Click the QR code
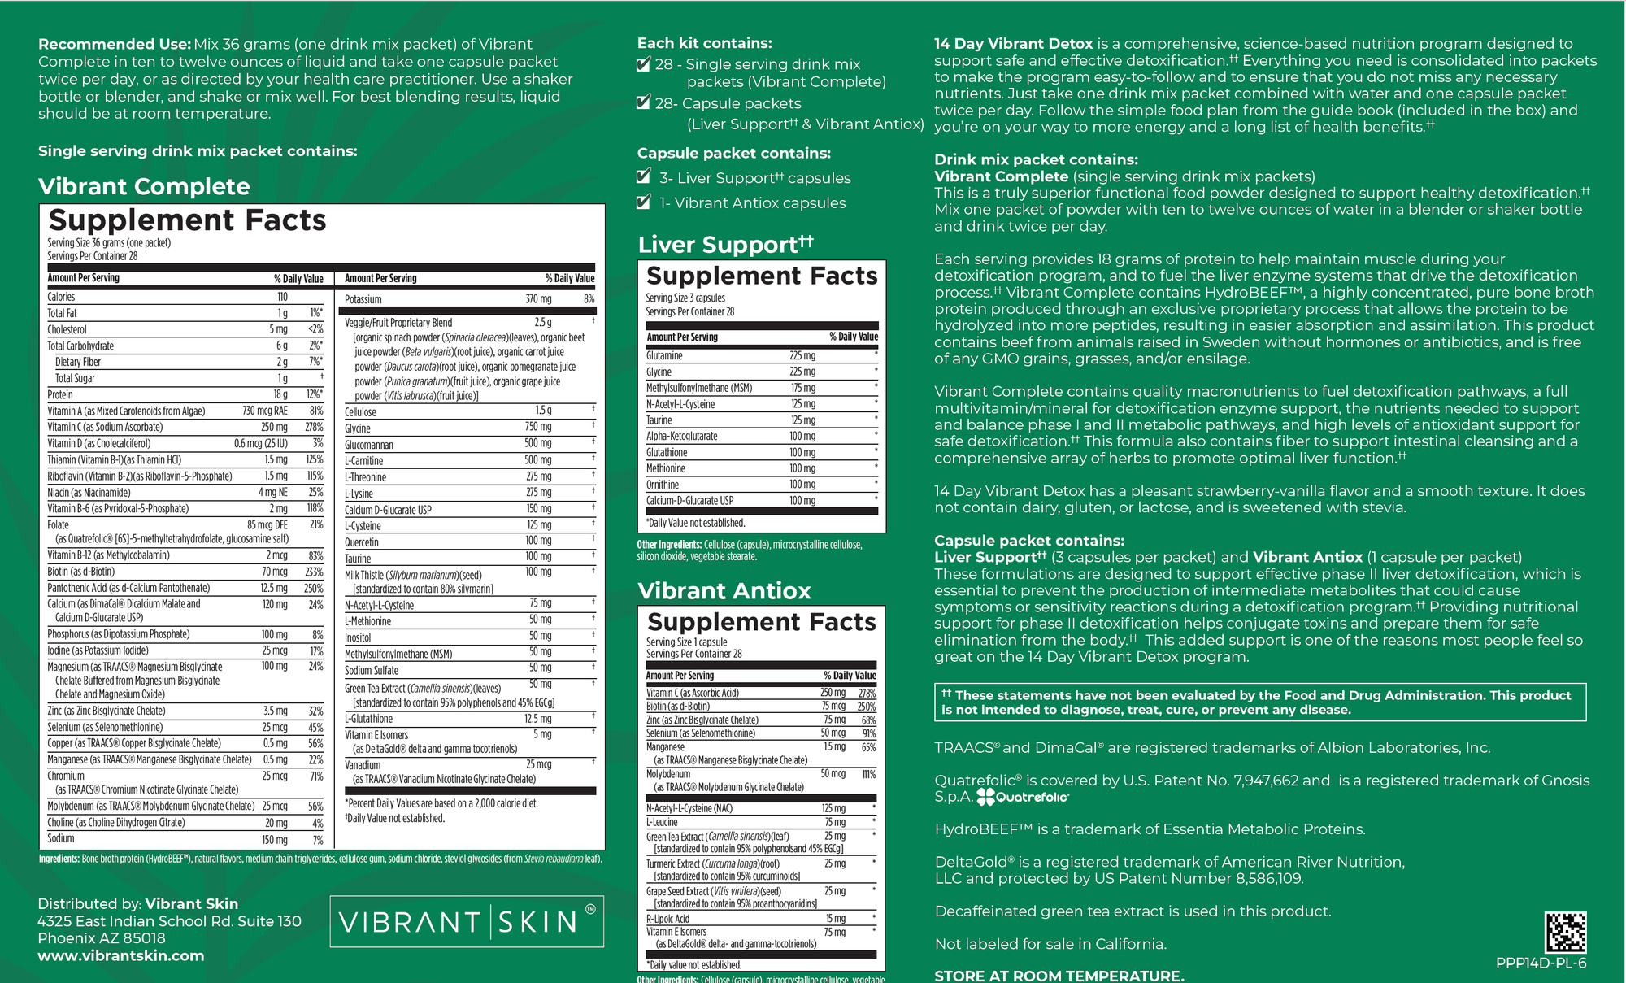(1565, 932)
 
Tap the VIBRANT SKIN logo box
(467, 921)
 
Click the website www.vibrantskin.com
(121, 955)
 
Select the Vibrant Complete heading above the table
(144, 186)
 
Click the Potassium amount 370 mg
(537, 299)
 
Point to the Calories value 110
(282, 297)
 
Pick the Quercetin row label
(362, 542)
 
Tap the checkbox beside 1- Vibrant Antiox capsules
(644, 202)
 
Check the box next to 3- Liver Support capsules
(644, 176)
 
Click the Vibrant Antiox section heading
(724, 590)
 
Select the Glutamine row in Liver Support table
(664, 355)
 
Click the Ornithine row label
(663, 485)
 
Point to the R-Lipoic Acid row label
(667, 919)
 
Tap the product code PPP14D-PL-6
(1541, 963)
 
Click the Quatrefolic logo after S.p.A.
(1023, 797)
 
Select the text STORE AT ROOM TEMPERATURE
(1059, 975)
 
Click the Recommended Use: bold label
(115, 44)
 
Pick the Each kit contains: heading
(704, 43)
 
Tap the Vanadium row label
(363, 765)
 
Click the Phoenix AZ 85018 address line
(102, 937)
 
